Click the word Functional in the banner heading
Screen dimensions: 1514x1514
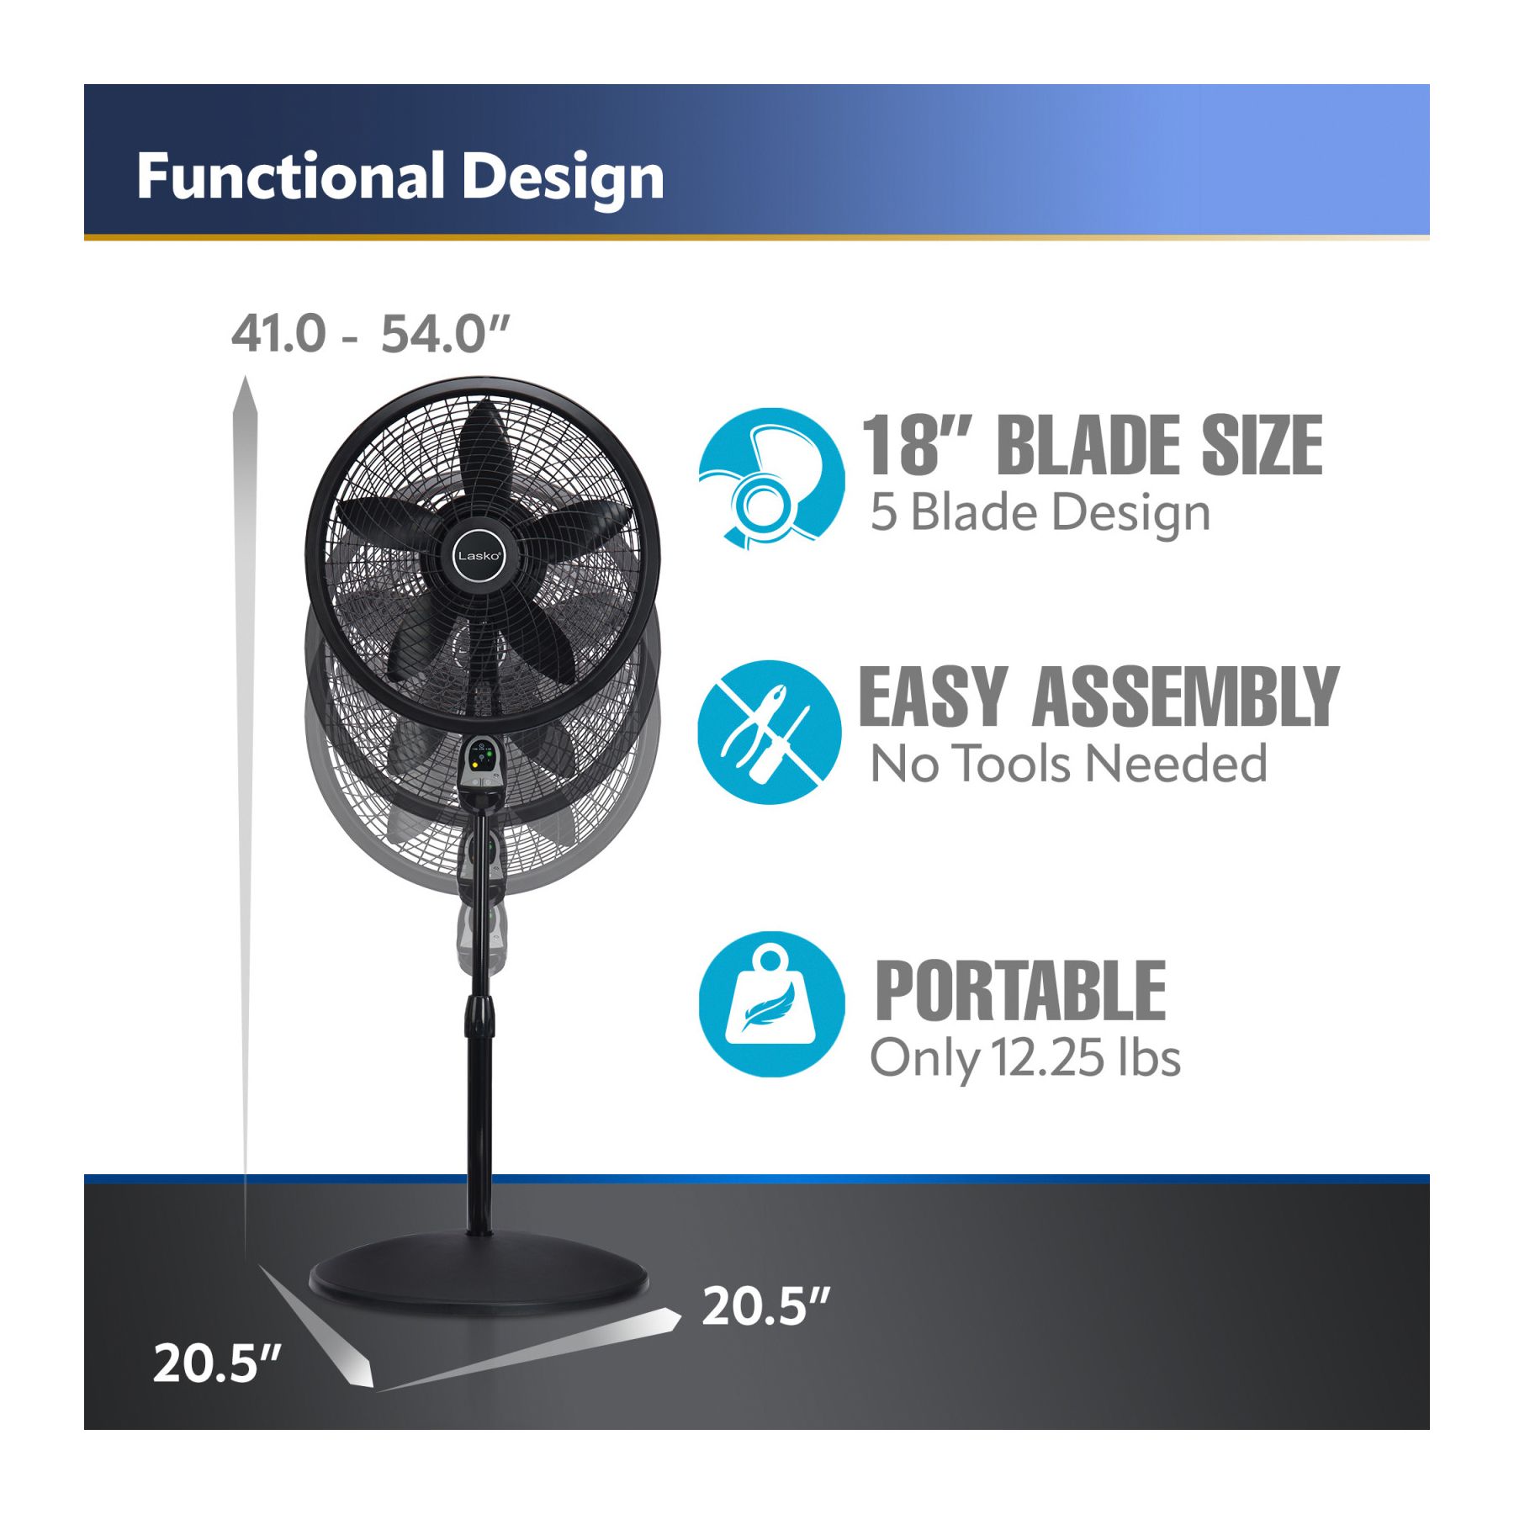coord(290,177)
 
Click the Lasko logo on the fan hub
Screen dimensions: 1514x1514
coord(479,556)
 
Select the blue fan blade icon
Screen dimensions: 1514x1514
coord(771,479)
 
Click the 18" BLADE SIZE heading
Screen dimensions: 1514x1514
coord(1092,445)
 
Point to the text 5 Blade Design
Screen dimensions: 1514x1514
coord(1040,512)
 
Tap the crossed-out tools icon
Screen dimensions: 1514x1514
coord(769,732)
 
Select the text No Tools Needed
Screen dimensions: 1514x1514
coord(1068,763)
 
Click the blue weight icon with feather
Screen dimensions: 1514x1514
coord(771,1003)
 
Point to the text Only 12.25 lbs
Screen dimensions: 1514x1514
coord(1024,1057)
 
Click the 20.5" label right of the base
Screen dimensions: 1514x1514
coord(765,1305)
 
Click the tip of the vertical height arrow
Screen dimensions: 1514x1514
coord(245,378)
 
